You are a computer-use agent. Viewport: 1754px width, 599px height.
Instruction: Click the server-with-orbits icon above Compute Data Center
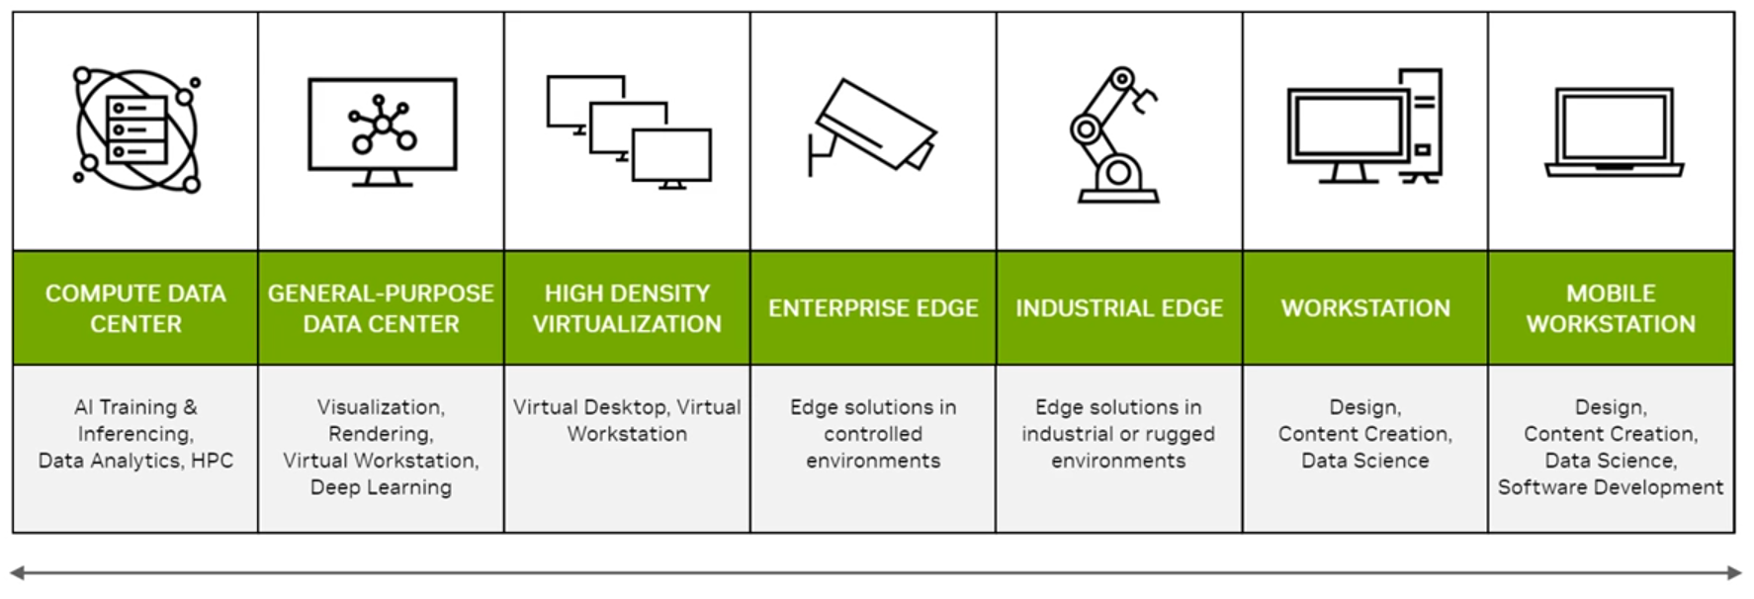pyautogui.click(x=135, y=129)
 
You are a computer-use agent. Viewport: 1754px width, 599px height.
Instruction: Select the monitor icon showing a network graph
pyautogui.click(x=382, y=130)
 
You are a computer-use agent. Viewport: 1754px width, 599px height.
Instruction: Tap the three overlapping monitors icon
pyautogui.click(x=629, y=132)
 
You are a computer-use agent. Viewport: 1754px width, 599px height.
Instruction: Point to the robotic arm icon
pyautogui.click(x=1115, y=135)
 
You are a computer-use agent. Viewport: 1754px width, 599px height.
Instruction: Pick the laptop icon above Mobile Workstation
pyautogui.click(x=1613, y=132)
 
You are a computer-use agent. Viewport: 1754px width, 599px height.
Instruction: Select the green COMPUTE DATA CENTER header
pyautogui.click(x=135, y=308)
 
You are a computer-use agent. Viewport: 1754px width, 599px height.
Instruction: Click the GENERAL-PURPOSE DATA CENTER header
pyautogui.click(x=381, y=308)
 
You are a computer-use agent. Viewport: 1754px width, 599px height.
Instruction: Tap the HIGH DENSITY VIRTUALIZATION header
pyautogui.click(x=627, y=308)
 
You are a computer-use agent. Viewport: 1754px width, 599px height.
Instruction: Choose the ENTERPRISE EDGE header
pyautogui.click(x=873, y=308)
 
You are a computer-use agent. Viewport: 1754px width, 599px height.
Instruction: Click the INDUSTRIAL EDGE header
pyautogui.click(x=1119, y=308)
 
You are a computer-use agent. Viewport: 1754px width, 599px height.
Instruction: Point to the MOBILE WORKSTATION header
pyautogui.click(x=1611, y=308)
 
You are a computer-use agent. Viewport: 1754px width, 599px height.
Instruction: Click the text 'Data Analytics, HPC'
pyautogui.click(x=135, y=461)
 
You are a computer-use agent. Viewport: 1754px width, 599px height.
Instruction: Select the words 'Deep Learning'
pyautogui.click(x=381, y=487)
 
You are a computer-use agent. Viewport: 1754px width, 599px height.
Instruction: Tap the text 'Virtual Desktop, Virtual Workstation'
pyautogui.click(x=627, y=420)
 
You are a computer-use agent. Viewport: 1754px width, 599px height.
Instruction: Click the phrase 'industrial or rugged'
pyautogui.click(x=1118, y=434)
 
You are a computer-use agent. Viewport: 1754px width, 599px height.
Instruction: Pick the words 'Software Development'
pyautogui.click(x=1610, y=487)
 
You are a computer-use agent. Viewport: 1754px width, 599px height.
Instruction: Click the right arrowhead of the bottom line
pyautogui.click(x=1735, y=572)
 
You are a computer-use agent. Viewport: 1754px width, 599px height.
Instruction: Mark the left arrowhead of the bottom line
pyautogui.click(x=17, y=572)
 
